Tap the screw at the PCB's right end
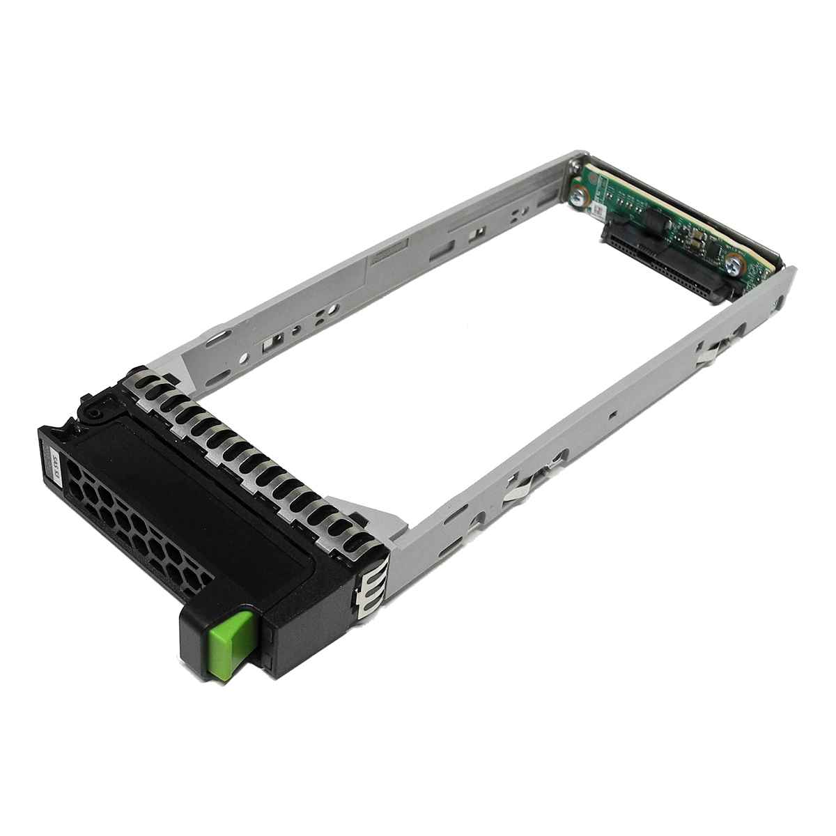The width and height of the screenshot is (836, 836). click(733, 264)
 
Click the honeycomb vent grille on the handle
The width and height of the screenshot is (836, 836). click(132, 520)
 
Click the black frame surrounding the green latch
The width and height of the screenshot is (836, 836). click(279, 620)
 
